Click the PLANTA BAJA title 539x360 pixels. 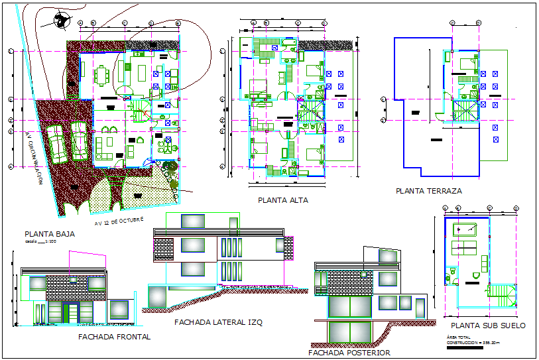[49, 234]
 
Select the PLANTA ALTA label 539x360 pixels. [282, 200]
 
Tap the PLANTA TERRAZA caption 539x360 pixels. [428, 191]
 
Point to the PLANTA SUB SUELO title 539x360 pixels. [487, 326]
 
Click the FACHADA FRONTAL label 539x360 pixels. [114, 337]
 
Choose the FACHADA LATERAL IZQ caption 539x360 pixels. [218, 322]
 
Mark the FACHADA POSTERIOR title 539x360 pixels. [349, 353]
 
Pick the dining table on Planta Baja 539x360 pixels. [102, 76]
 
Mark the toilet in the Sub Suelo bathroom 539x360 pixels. [453, 272]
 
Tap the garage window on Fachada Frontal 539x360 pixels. [119, 310]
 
